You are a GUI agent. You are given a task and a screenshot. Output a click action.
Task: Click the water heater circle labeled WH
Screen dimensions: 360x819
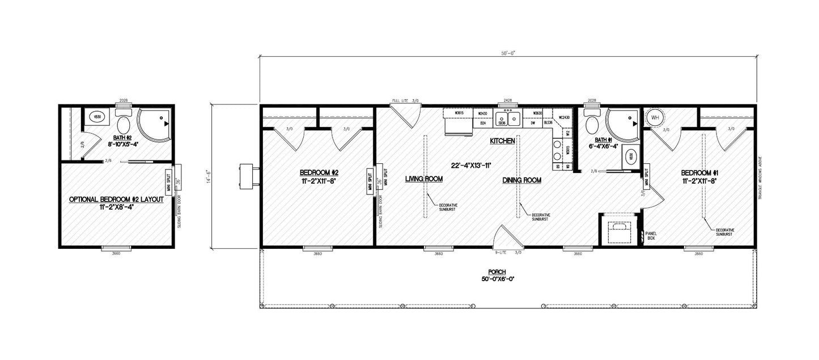[655, 118]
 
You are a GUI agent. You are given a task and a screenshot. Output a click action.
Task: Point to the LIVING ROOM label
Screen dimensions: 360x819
[423, 179]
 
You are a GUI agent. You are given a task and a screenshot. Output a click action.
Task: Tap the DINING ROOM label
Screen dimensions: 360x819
[521, 180]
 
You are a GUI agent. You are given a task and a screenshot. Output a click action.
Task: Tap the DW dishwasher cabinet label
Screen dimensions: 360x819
[533, 122]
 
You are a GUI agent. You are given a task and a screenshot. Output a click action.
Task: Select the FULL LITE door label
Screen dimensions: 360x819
[400, 101]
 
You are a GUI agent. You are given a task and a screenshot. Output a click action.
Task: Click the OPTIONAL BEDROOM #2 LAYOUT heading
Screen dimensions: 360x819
[116, 200]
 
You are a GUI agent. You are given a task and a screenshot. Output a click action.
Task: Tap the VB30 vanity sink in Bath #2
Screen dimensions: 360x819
[97, 117]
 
